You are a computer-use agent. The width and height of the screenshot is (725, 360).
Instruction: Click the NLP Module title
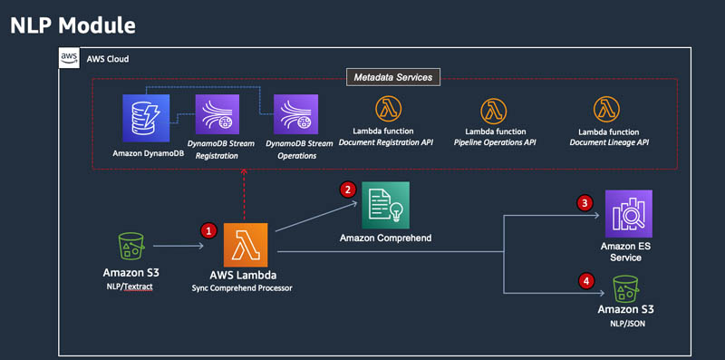72,25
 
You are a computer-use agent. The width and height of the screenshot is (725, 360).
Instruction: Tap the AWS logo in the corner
69,58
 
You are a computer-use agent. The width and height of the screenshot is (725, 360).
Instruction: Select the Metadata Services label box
393,77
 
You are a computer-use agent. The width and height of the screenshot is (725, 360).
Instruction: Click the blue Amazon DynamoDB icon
146,118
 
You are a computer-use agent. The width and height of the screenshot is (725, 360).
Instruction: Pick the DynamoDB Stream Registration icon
217,114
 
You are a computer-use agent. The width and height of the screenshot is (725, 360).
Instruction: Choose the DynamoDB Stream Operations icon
296,114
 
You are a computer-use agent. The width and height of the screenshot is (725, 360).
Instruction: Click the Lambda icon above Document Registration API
388,109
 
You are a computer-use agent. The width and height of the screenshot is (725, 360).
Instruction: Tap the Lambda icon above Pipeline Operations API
493,111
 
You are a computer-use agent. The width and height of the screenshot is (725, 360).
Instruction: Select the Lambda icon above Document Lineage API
606,109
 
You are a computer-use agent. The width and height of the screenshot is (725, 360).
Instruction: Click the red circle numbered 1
208,230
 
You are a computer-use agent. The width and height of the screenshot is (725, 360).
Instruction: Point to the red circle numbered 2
348,189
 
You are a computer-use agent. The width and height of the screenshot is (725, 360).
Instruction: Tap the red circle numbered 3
585,203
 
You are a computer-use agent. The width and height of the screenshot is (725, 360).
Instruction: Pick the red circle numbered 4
586,280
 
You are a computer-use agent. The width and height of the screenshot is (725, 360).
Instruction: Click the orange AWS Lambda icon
246,245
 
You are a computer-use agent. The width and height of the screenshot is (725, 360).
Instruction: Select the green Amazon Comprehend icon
386,205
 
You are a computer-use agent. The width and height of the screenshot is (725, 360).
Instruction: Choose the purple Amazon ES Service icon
629,213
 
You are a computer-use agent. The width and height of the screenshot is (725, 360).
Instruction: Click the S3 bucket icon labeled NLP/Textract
131,246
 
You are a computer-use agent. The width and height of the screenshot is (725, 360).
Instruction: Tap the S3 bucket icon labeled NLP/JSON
625,289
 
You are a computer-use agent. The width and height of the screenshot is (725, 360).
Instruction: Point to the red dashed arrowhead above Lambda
244,172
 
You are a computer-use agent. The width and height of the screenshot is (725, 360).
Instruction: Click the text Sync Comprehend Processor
242,287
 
